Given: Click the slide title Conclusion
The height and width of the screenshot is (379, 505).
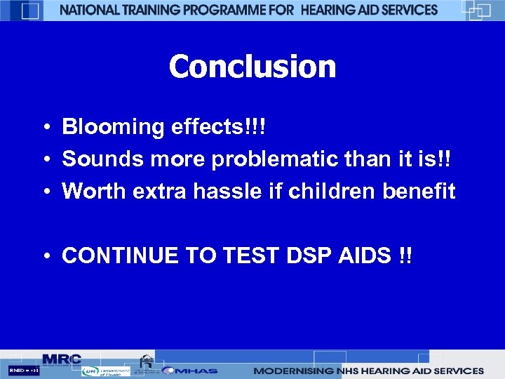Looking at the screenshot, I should click(x=252, y=67).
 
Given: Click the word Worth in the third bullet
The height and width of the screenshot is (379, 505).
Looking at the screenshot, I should click(x=90, y=191).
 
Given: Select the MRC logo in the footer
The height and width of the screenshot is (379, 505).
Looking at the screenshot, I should click(x=62, y=359).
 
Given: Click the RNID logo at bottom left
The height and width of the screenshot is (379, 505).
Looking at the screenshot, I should click(x=23, y=371).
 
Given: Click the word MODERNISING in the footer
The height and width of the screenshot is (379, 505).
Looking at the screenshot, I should click(x=292, y=371).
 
